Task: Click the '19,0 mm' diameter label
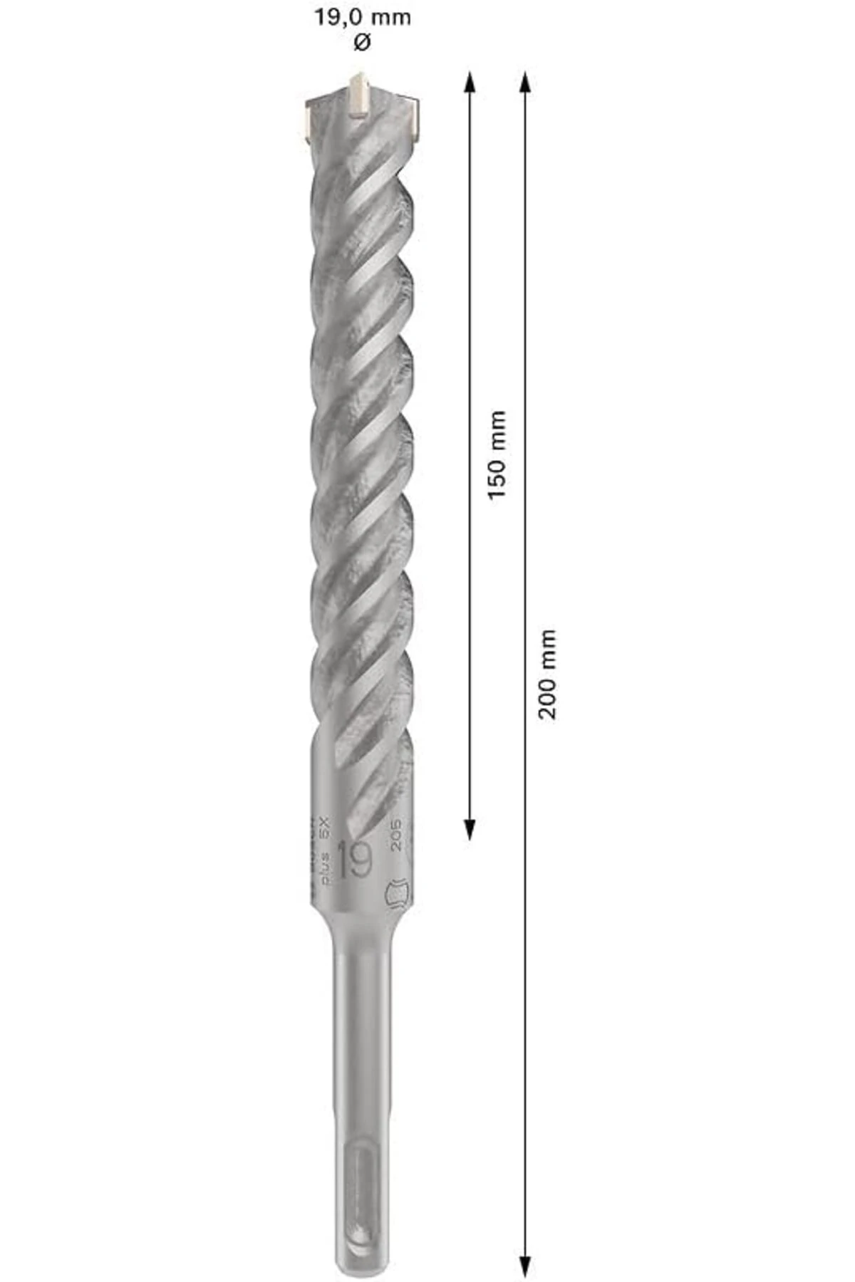[363, 18]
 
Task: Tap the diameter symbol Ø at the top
[362, 43]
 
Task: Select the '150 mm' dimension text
[497, 454]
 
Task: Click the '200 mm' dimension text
[546, 674]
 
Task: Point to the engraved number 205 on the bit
[397, 834]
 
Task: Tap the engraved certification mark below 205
[398, 892]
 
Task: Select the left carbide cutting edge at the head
[309, 121]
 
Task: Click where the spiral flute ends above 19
[363, 819]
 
